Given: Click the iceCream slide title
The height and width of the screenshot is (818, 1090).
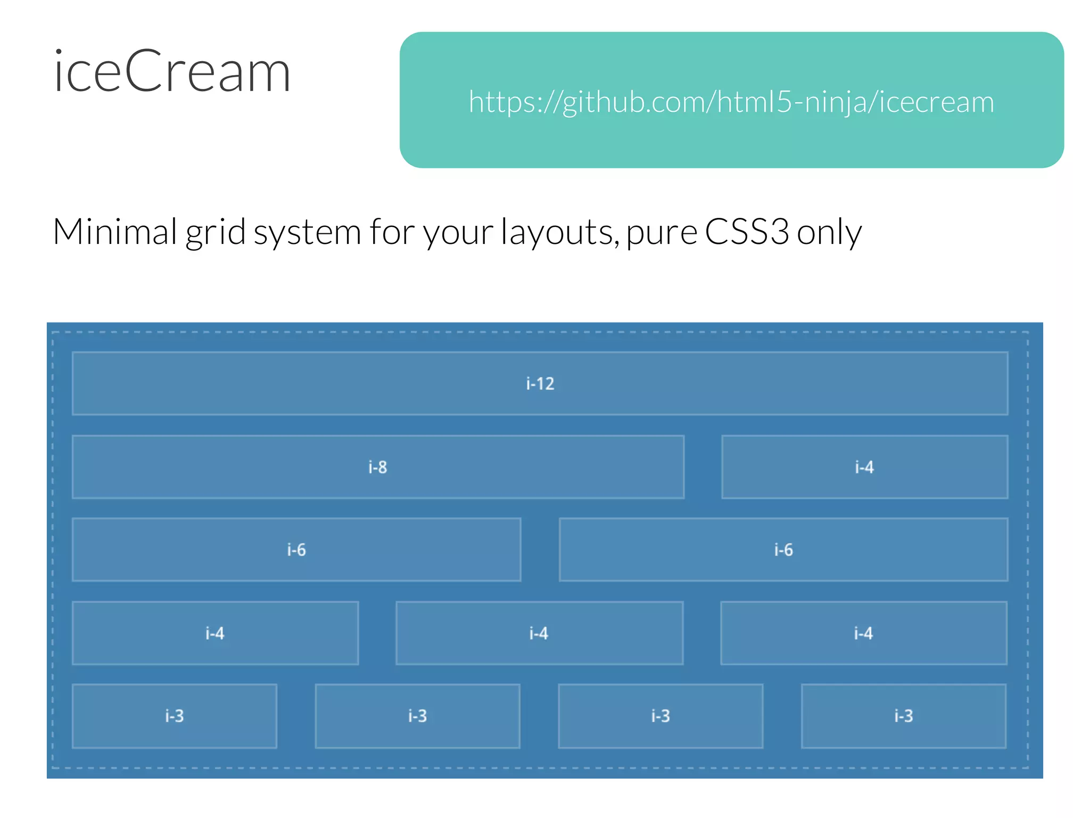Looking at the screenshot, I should [172, 72].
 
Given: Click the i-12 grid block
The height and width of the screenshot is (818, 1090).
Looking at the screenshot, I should [540, 383].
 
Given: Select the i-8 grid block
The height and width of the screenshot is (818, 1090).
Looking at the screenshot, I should [378, 467].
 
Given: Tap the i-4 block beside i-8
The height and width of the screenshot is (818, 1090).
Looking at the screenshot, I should [864, 467].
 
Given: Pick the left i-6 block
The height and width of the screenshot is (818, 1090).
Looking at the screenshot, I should [296, 550].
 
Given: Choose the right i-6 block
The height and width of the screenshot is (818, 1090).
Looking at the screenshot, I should [783, 550].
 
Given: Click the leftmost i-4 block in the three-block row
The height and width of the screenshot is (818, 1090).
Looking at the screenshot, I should [215, 633].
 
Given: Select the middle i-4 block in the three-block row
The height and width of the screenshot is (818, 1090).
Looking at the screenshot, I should [539, 633].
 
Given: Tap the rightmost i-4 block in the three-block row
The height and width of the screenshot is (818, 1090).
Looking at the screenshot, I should [863, 633].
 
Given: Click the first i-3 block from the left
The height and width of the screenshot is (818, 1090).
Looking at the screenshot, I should [175, 716].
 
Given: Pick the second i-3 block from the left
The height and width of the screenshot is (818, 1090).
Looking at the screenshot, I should [418, 716].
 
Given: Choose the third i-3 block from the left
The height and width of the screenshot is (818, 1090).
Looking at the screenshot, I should [660, 716].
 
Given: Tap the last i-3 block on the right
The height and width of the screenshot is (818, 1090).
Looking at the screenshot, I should [904, 716].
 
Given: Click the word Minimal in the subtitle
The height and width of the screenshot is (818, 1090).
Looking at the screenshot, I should [115, 232].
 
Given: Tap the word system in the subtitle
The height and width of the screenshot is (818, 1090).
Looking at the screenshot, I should [307, 233].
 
